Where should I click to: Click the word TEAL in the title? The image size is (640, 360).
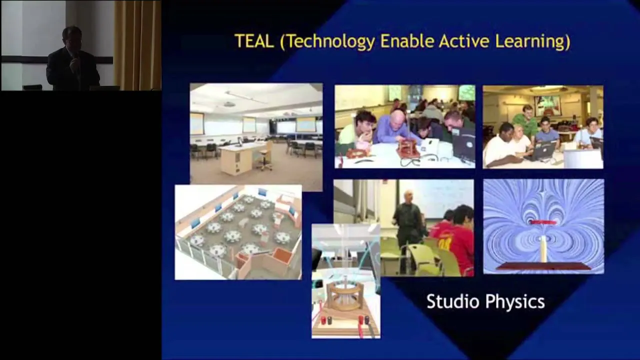(x=253, y=41)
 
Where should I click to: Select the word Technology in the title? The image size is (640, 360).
(x=327, y=42)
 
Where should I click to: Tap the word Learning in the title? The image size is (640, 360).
(x=533, y=42)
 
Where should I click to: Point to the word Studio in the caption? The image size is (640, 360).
(x=452, y=301)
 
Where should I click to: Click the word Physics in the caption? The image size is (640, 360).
(x=515, y=302)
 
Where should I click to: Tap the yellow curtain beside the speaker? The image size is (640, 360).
(x=137, y=45)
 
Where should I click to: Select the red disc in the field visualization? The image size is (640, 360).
(x=543, y=222)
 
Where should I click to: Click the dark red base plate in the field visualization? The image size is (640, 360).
(x=543, y=266)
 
